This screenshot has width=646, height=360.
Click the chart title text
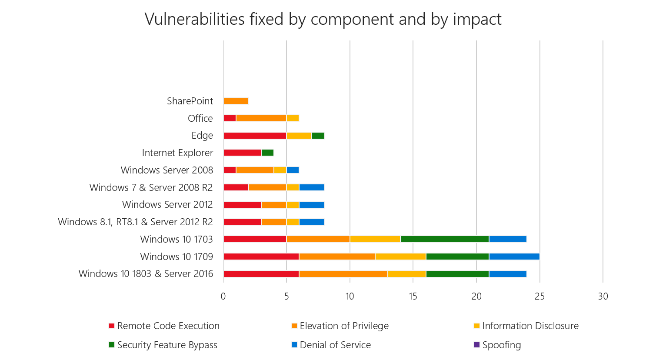[323, 20]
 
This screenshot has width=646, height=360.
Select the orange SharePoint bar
[236, 101]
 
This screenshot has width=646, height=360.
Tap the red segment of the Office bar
[230, 118]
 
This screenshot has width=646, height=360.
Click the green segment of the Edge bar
[318, 136]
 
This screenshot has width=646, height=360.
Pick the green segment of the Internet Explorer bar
[267, 153]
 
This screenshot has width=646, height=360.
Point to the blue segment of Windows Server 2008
[293, 170]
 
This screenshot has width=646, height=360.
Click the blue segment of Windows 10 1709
[514, 257]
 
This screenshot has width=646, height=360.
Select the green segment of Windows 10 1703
[444, 239]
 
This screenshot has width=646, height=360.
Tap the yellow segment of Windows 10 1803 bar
[407, 274]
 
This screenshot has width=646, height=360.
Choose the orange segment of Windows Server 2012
[274, 205]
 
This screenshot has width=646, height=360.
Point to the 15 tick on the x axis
[413, 297]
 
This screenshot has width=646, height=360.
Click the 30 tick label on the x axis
[603, 297]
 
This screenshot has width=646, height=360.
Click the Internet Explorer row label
[177, 153]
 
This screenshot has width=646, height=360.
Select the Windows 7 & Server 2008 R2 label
[151, 187]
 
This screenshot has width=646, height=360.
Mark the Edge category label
[202, 136]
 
